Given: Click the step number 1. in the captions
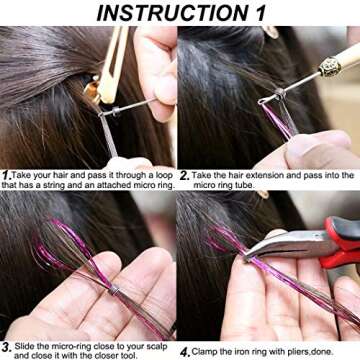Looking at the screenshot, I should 7,174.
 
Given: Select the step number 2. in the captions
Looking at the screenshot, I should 186,174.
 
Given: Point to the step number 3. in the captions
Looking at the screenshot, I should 7,343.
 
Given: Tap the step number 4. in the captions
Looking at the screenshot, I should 185,351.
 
